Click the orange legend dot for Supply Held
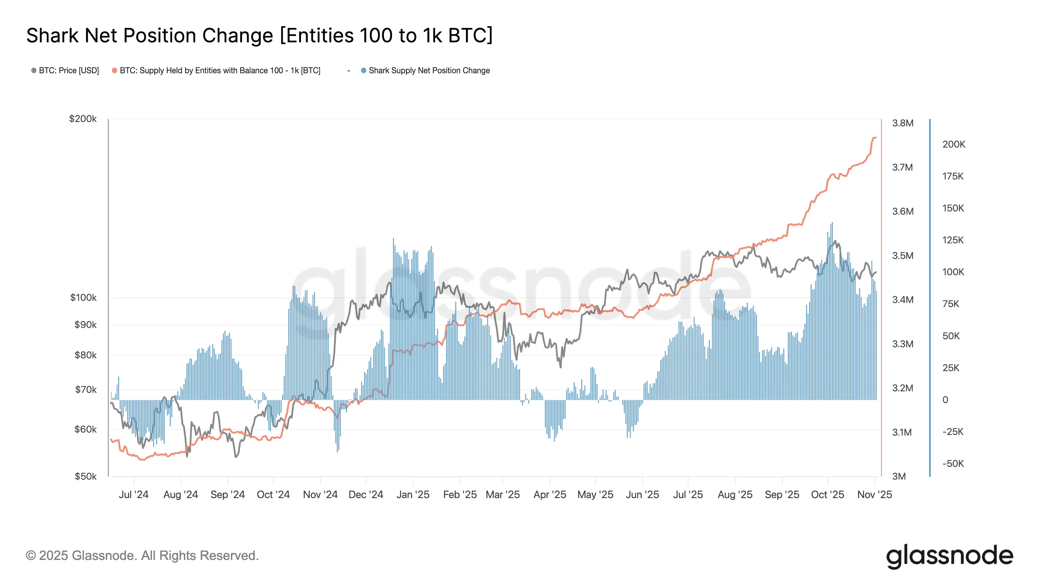(x=115, y=70)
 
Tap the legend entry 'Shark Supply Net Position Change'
(x=429, y=70)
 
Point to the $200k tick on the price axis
(x=83, y=119)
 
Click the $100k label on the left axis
(x=83, y=298)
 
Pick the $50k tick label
(x=85, y=476)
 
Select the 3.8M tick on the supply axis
(x=902, y=123)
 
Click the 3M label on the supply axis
(x=899, y=476)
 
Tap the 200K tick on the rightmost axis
(x=953, y=144)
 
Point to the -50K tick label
(x=953, y=464)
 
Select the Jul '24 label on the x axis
(x=133, y=495)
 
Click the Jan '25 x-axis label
(x=412, y=495)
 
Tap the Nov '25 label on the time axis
(x=874, y=495)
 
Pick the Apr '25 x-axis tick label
(x=549, y=495)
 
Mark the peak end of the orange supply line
(x=875, y=138)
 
